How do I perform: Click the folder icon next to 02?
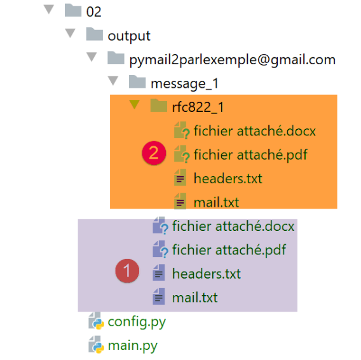pyautogui.click(x=73, y=10)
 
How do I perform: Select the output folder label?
pyautogui.click(x=129, y=36)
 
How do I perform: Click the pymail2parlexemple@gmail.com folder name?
pyautogui.click(x=233, y=60)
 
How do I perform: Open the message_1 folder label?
pyautogui.click(x=184, y=84)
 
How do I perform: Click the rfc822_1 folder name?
pyautogui.click(x=198, y=107)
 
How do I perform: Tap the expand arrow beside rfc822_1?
pyautogui.click(x=135, y=104)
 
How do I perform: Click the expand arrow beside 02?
pyautogui.click(x=49, y=10)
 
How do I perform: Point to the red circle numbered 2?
pyautogui.click(x=154, y=153)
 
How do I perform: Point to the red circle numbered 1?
pyautogui.click(x=127, y=270)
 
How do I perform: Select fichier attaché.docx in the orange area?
pyautogui.click(x=254, y=131)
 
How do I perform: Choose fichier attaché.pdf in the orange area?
pyautogui.click(x=250, y=155)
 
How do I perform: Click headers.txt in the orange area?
pyautogui.click(x=228, y=178)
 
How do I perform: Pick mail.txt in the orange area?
pyautogui.click(x=216, y=202)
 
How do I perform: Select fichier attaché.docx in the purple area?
pyautogui.click(x=233, y=226)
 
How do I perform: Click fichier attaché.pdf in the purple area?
pyautogui.click(x=229, y=250)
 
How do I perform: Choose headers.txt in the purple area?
pyautogui.click(x=207, y=273)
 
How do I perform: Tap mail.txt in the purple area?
pyautogui.click(x=194, y=297)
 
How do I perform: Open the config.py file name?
pyautogui.click(x=137, y=322)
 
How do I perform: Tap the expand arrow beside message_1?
pyautogui.click(x=113, y=81)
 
